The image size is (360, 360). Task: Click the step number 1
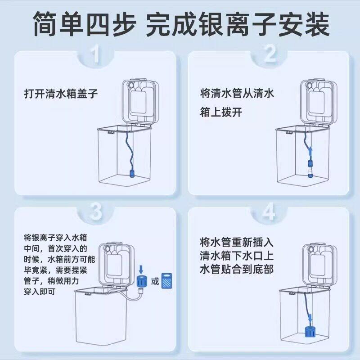[x=95, y=55]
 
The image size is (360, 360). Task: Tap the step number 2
[x=269, y=55]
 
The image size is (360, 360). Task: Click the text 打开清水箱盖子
[x=61, y=95]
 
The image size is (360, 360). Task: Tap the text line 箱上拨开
[x=221, y=112]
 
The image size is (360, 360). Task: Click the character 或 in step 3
[x=154, y=282]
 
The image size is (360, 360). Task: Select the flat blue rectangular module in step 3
[x=168, y=282]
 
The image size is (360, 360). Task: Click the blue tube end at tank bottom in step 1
[x=133, y=173]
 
